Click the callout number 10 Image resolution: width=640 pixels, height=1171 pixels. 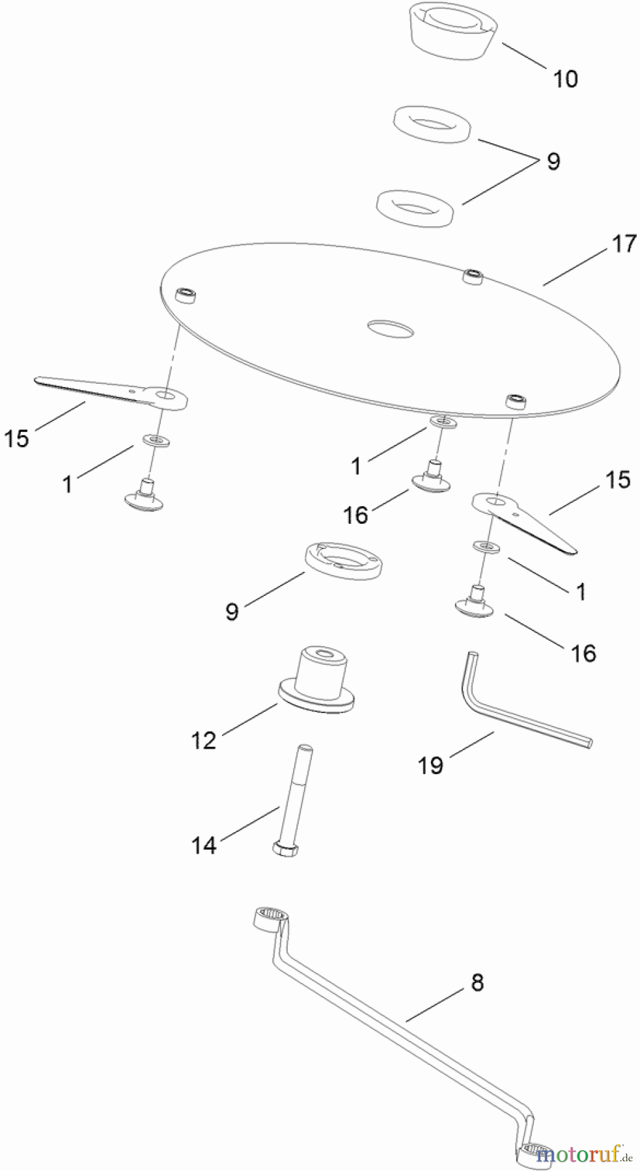pos(565,79)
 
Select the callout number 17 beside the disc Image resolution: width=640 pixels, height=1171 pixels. pos(623,244)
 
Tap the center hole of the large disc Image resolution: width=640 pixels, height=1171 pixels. pos(390,329)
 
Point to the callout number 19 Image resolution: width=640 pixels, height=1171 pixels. pos(430,765)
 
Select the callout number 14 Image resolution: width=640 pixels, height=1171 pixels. pos(204,845)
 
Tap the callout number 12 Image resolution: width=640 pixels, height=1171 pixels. pos(204,740)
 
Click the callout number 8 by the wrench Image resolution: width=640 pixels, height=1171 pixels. pos(477,982)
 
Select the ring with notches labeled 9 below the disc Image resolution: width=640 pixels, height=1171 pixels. pos(344,561)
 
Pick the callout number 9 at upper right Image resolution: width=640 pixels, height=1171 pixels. pos(553,161)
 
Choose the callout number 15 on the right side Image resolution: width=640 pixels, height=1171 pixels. pos(618,479)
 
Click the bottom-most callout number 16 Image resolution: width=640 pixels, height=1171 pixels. pos(583,653)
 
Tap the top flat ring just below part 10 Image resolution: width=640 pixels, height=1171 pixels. pos(433,123)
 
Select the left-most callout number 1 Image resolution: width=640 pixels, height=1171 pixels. pos(68,484)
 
